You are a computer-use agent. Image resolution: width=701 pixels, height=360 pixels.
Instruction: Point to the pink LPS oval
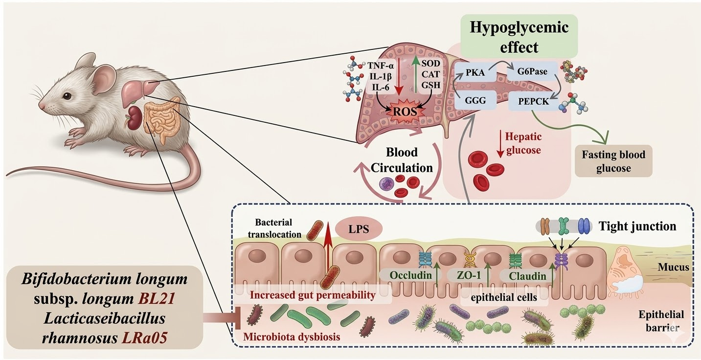(x=358, y=228)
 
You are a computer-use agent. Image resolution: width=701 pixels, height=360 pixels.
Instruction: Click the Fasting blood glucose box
(x=613, y=161)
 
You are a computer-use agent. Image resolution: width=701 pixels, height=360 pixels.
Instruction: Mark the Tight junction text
(x=637, y=226)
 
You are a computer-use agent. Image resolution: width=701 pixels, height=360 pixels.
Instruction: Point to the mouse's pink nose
(x=42, y=106)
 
